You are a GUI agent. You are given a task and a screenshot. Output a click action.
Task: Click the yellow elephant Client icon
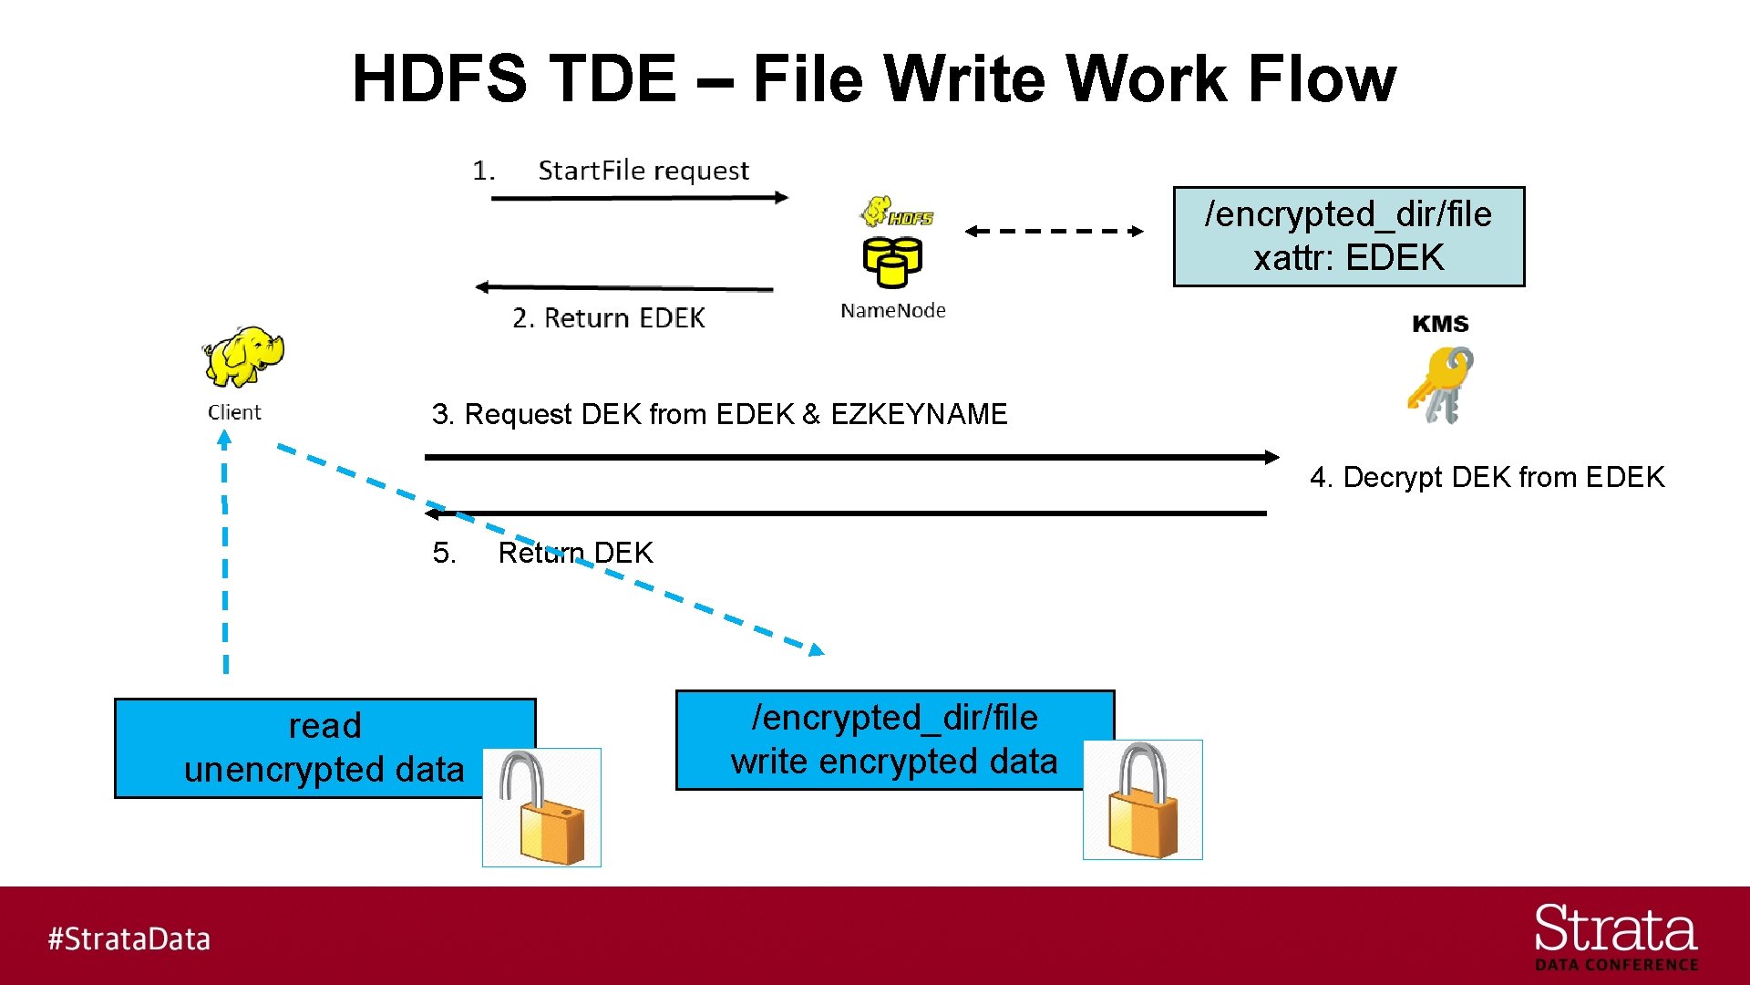point(242,357)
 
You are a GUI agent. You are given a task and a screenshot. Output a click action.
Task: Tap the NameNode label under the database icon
point(892,311)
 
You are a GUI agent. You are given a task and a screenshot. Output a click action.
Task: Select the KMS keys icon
point(1441,385)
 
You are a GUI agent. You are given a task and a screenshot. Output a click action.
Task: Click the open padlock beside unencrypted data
point(541,807)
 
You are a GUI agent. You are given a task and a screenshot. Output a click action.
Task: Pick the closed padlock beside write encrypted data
point(1142,800)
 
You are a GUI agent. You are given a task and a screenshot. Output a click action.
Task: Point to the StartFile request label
point(643,171)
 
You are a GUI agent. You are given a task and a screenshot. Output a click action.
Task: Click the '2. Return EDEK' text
point(608,318)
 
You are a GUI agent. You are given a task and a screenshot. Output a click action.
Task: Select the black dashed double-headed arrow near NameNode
point(1054,231)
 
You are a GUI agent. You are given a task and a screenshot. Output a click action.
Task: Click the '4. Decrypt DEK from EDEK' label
point(1487,477)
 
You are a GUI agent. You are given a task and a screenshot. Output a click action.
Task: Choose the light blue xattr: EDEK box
point(1348,237)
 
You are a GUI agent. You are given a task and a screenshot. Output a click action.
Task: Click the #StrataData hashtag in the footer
point(129,938)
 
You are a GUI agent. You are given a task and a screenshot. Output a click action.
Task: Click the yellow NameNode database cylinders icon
point(892,261)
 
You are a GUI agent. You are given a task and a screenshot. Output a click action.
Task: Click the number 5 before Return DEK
point(443,553)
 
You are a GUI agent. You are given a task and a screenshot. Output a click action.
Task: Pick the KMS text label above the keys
point(1440,324)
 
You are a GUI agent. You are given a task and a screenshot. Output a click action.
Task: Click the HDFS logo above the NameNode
point(897,213)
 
